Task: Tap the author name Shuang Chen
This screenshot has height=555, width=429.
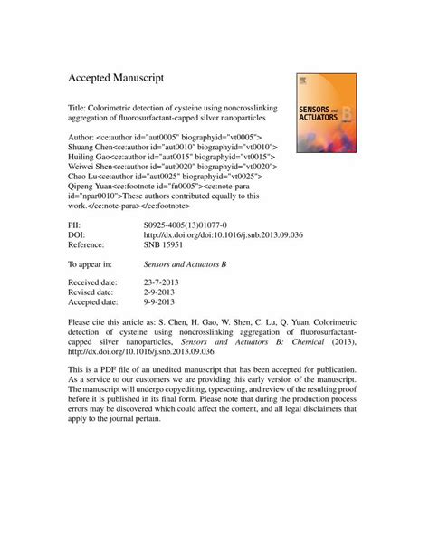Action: [x=95, y=145]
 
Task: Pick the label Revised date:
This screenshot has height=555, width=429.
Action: [x=94, y=293]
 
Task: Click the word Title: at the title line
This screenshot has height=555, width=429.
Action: [x=81, y=104]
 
